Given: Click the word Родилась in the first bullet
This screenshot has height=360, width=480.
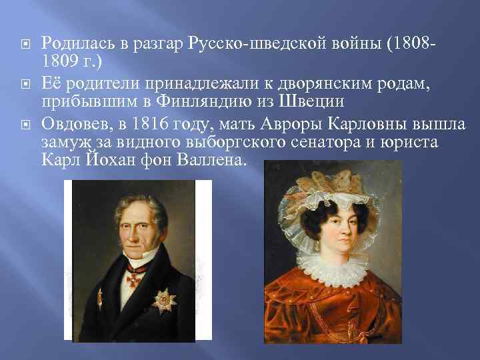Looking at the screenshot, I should [73, 43].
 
